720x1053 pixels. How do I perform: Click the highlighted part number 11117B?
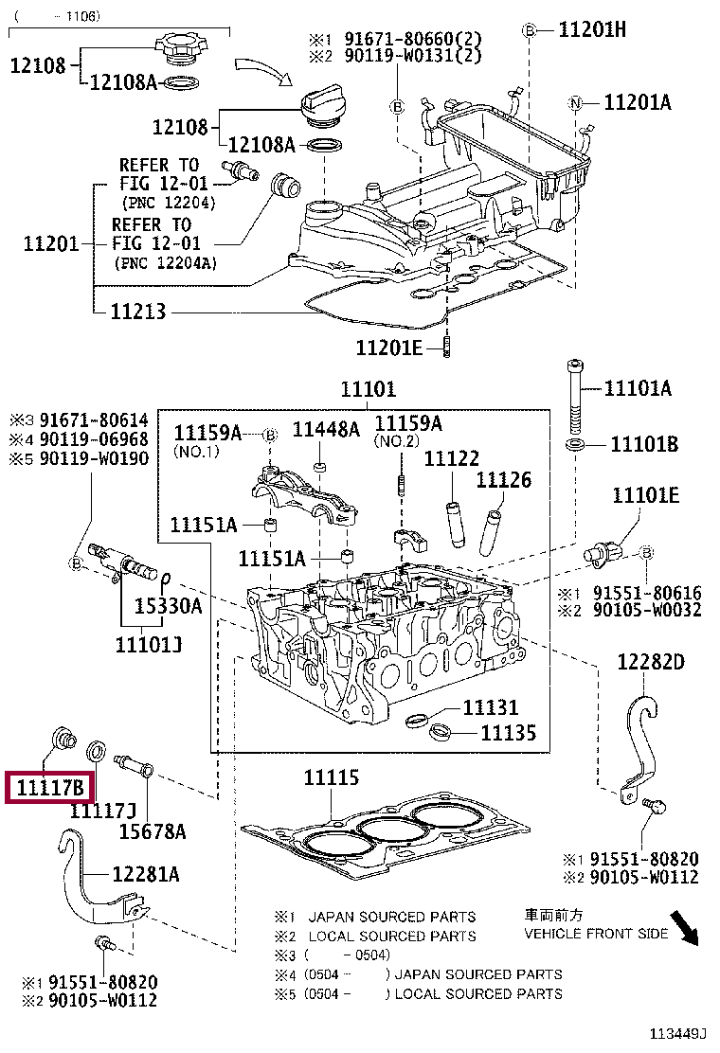click(x=49, y=787)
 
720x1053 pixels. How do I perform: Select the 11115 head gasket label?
click(x=332, y=777)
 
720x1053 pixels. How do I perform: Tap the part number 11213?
click(x=137, y=311)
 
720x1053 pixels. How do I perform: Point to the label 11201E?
click(x=388, y=348)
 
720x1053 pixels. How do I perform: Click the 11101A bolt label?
click(x=638, y=387)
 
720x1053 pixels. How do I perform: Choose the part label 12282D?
click(x=651, y=662)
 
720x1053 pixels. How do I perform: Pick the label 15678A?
click(x=153, y=831)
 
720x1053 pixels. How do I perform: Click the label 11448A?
click(x=326, y=429)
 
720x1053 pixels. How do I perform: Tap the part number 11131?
click(x=491, y=707)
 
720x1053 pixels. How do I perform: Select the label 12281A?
click(x=146, y=874)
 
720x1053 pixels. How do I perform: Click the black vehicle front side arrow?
click(x=685, y=928)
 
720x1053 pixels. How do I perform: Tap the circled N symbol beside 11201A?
click(x=575, y=103)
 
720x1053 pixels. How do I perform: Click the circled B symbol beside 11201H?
click(x=530, y=29)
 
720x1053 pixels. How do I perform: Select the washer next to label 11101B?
click(x=575, y=444)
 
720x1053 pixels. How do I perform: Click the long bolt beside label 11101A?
click(x=575, y=397)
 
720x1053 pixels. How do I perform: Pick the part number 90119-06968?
click(x=94, y=439)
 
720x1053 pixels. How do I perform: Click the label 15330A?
click(x=168, y=606)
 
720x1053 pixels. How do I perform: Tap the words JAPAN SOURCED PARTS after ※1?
click(x=391, y=917)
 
